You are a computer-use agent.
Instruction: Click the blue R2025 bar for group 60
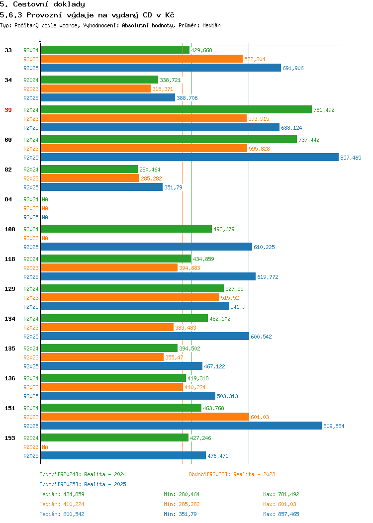(189, 157)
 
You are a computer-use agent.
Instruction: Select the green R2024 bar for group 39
(176, 109)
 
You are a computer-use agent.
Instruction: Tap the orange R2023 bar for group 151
(145, 417)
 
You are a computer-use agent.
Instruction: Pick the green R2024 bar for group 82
(89, 169)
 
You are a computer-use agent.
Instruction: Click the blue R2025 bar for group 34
(108, 97)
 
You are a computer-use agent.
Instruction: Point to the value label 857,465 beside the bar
(351, 158)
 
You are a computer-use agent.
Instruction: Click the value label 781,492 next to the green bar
(324, 110)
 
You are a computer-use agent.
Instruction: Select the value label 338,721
(170, 80)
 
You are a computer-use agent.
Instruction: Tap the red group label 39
(8, 110)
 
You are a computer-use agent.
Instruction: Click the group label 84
(8, 199)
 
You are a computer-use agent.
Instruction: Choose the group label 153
(9, 438)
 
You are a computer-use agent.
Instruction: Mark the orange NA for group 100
(45, 238)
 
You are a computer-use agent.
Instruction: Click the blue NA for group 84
(45, 217)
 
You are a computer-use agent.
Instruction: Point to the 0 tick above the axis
(40, 40)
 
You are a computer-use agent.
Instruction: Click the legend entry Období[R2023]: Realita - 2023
(232, 474)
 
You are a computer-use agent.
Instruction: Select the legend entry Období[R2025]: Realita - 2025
(83, 484)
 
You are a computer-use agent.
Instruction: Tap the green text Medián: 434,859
(62, 494)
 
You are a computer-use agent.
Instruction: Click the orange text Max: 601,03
(280, 504)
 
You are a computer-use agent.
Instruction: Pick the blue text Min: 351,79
(180, 515)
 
